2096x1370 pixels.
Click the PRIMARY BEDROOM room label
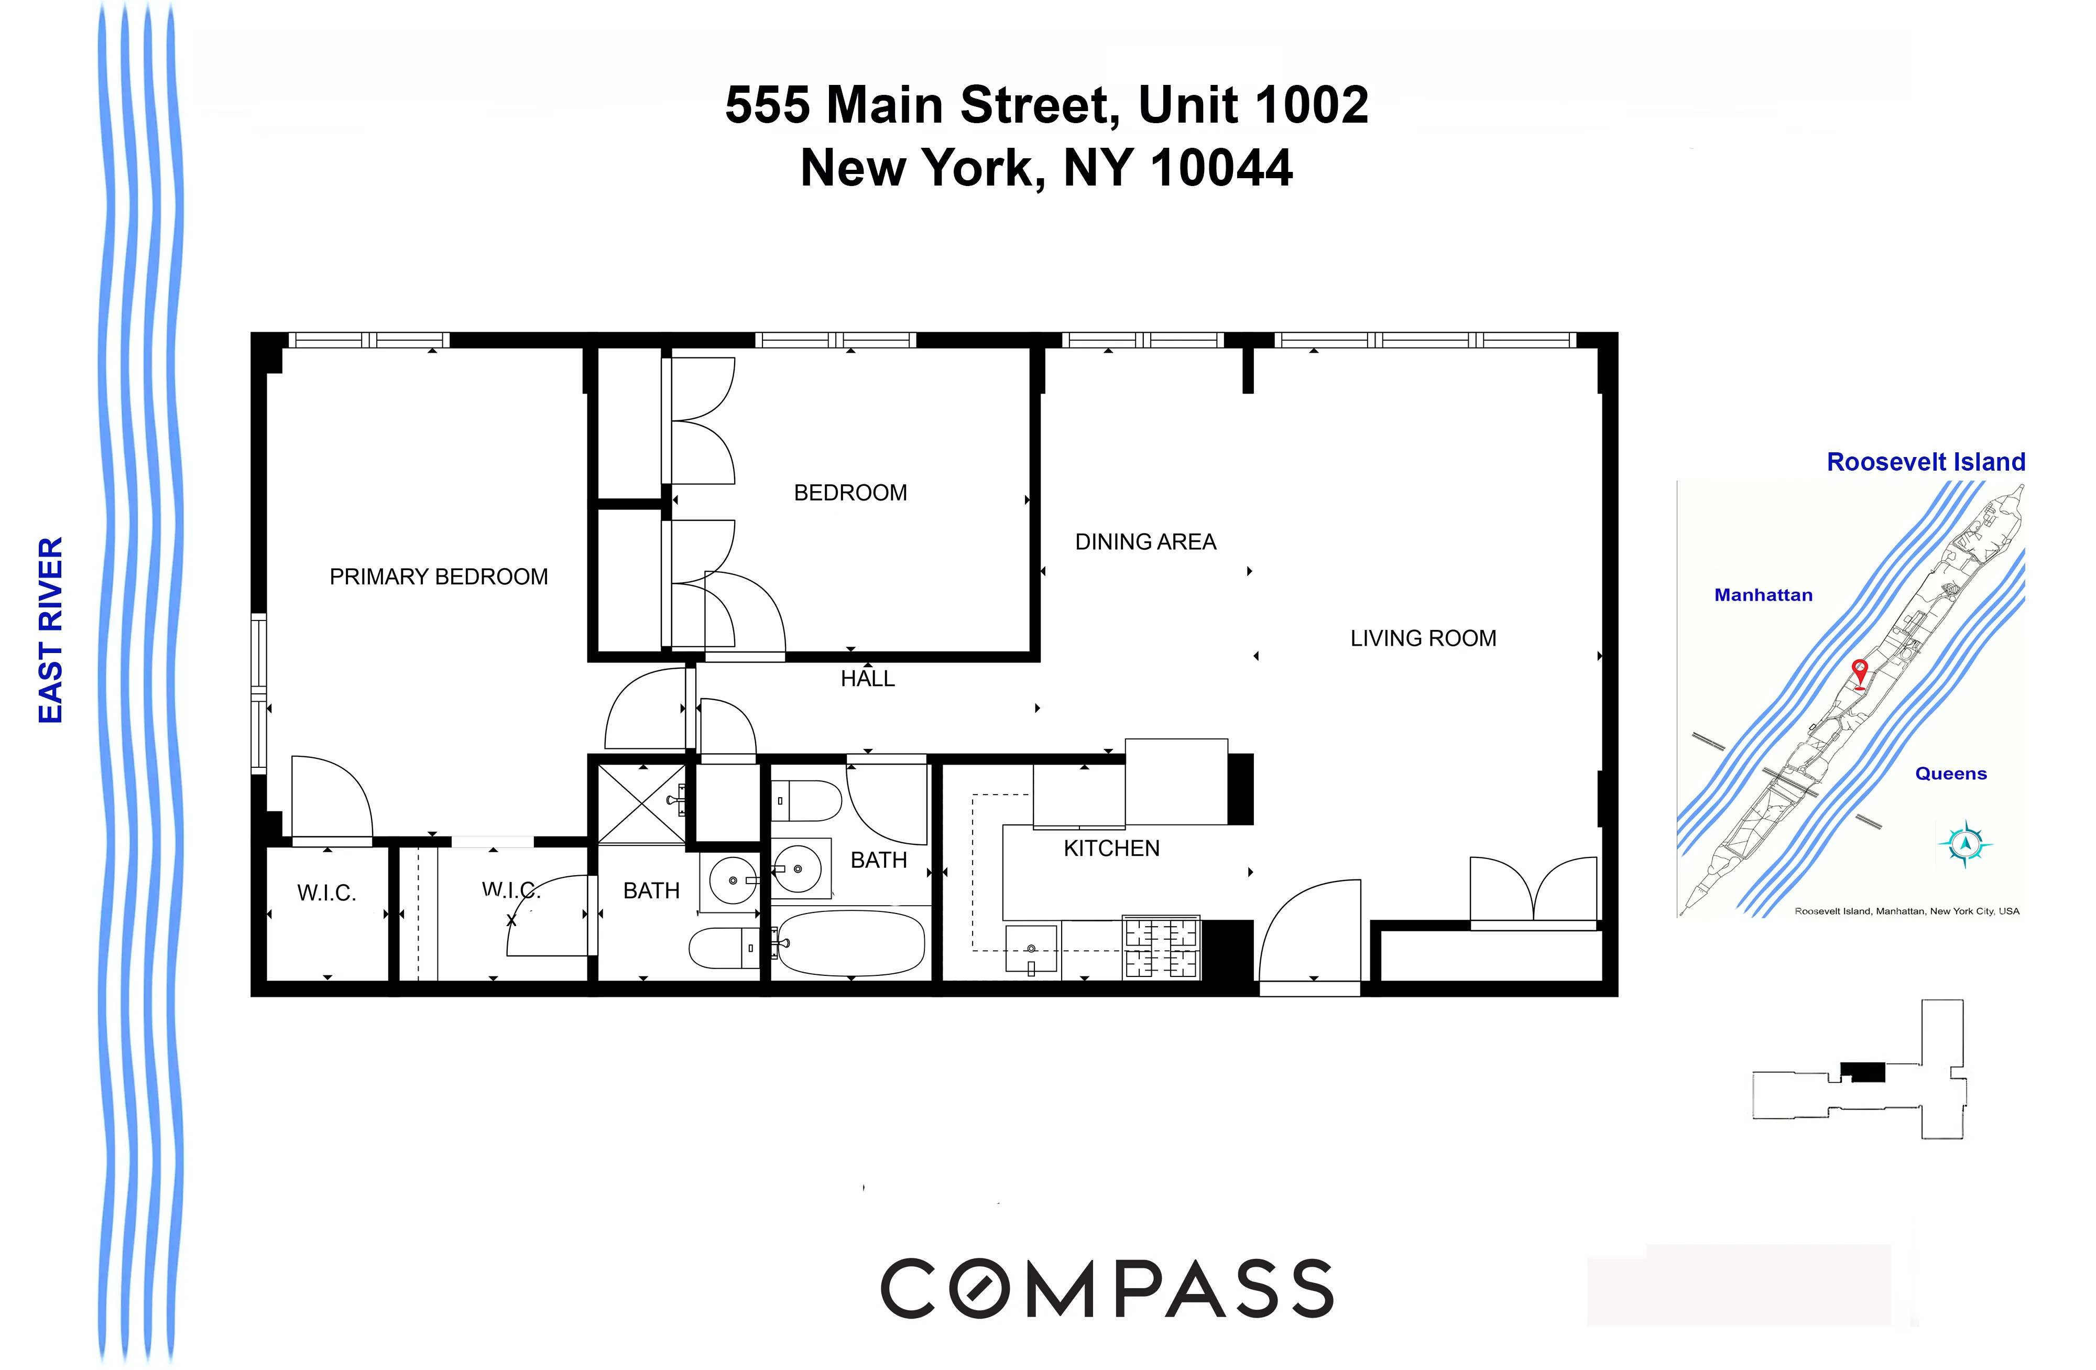[x=439, y=577]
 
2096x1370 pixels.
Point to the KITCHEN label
[x=1111, y=849]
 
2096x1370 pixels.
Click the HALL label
[x=867, y=678]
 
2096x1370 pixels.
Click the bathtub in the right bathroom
[x=851, y=943]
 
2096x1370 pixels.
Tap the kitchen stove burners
[x=1161, y=949]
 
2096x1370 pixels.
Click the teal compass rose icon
[x=1965, y=843]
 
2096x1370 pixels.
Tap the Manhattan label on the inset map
[x=1763, y=595]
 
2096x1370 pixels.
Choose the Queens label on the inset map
[x=1951, y=774]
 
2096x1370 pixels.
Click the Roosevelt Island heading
[x=1926, y=462]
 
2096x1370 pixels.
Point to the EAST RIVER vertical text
[x=51, y=630]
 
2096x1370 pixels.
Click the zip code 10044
[x=1221, y=167]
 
